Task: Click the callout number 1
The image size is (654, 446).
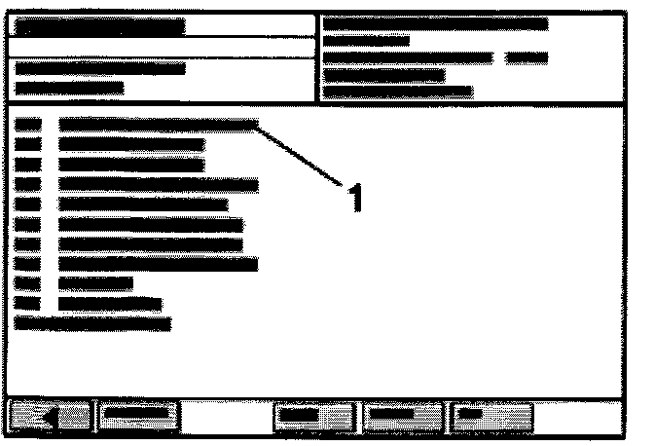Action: pyautogui.click(x=355, y=198)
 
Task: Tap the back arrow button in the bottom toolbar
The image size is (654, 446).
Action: pyautogui.click(x=49, y=416)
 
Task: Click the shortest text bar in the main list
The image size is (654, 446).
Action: pyautogui.click(x=94, y=283)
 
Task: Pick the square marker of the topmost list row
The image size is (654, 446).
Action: pyautogui.click(x=29, y=125)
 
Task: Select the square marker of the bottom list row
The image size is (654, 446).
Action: pyautogui.click(x=29, y=303)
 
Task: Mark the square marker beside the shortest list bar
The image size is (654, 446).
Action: pyautogui.click(x=29, y=283)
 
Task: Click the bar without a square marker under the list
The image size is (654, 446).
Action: pyautogui.click(x=93, y=321)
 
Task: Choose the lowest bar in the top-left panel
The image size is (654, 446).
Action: pyautogui.click(x=70, y=88)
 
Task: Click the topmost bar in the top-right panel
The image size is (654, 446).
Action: pyautogui.click(x=434, y=23)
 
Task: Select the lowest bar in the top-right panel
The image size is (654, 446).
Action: pyautogui.click(x=397, y=93)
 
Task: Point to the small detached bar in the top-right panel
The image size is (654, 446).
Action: pyautogui.click(x=527, y=57)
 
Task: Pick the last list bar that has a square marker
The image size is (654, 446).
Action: pyautogui.click(x=109, y=303)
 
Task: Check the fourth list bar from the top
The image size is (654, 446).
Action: pyautogui.click(x=158, y=184)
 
